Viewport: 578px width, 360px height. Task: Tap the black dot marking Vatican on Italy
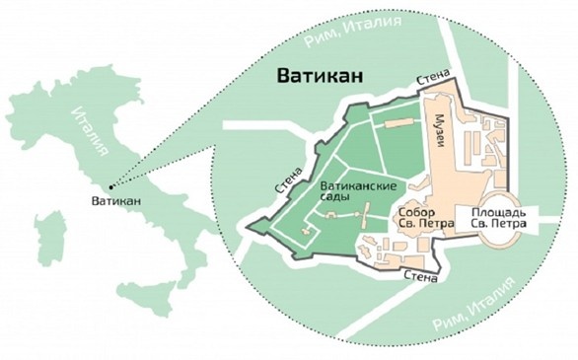109,184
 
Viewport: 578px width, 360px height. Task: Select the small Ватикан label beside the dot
114,201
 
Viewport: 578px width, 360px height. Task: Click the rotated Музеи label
441,132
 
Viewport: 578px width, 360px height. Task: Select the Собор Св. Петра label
423,218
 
